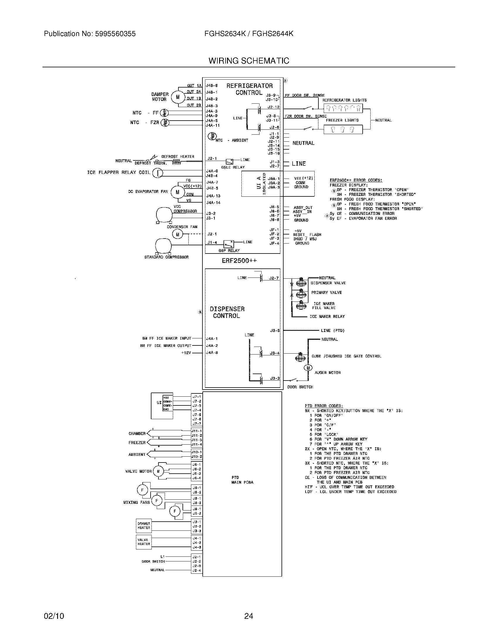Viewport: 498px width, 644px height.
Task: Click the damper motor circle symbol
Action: point(178,96)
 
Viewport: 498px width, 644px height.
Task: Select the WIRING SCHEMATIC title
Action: point(249,61)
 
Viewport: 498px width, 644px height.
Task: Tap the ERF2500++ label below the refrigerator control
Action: point(239,261)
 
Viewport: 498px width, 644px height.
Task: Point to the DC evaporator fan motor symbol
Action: point(178,192)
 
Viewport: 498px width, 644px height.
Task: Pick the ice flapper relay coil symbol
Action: point(158,173)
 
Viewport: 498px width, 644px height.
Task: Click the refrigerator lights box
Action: point(343,109)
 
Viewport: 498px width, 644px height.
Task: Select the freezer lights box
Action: point(343,129)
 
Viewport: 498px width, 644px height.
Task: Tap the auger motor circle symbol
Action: point(308,368)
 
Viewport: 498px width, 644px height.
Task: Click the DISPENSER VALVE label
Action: point(328,283)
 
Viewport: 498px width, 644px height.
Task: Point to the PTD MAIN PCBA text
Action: point(242,480)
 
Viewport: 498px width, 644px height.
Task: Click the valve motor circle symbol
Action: point(158,471)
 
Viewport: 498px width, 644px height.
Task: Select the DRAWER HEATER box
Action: point(144,526)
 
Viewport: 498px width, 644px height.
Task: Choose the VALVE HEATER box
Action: point(144,542)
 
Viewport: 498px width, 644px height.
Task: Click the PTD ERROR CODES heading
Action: point(324,406)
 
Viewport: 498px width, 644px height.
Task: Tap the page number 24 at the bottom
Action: point(249,616)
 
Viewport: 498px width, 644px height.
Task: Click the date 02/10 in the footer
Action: point(54,616)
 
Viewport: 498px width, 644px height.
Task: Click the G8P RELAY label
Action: point(229,251)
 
